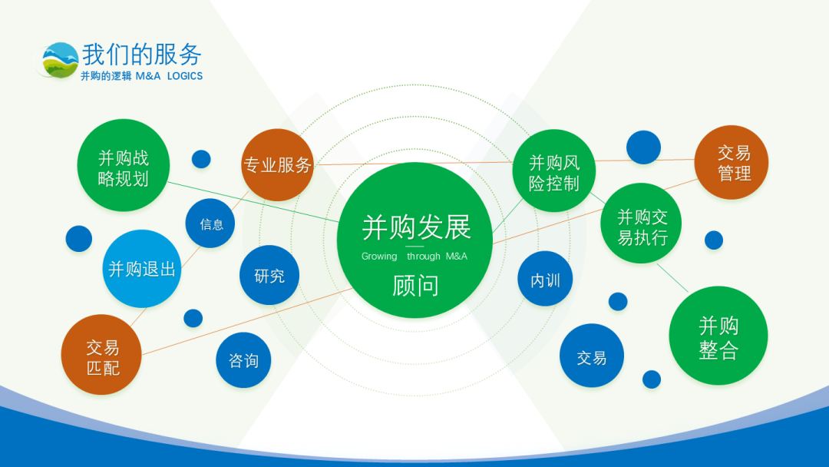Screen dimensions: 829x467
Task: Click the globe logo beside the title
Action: [x=59, y=60]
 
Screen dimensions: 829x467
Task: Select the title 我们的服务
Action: [x=142, y=55]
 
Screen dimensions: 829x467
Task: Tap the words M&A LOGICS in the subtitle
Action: [x=169, y=76]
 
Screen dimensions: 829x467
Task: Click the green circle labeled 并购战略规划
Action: [x=123, y=165]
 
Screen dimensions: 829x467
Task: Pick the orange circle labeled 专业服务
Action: [x=277, y=165]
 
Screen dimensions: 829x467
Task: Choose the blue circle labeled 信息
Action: [x=210, y=224]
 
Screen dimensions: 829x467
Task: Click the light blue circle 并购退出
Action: [x=142, y=269]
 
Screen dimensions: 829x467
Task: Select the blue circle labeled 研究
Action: [x=269, y=275]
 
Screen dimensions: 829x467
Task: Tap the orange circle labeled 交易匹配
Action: [x=101, y=355]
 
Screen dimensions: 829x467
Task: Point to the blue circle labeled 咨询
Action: [x=243, y=360]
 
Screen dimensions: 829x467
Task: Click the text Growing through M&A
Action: [x=414, y=257]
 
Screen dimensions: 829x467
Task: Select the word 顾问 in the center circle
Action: [x=415, y=286]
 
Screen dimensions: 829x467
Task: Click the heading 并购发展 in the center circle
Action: [x=416, y=227]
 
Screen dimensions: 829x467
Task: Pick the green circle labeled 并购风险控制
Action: [x=554, y=171]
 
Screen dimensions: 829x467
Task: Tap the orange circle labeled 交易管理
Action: [x=732, y=162]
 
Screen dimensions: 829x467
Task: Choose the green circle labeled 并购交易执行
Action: [x=641, y=224]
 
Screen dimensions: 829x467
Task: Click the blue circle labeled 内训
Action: [x=544, y=279]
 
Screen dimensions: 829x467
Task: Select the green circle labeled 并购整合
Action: [x=718, y=336]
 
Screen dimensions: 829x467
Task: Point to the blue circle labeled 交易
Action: [x=592, y=356]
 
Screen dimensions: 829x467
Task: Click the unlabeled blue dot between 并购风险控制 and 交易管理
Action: [x=643, y=147]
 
